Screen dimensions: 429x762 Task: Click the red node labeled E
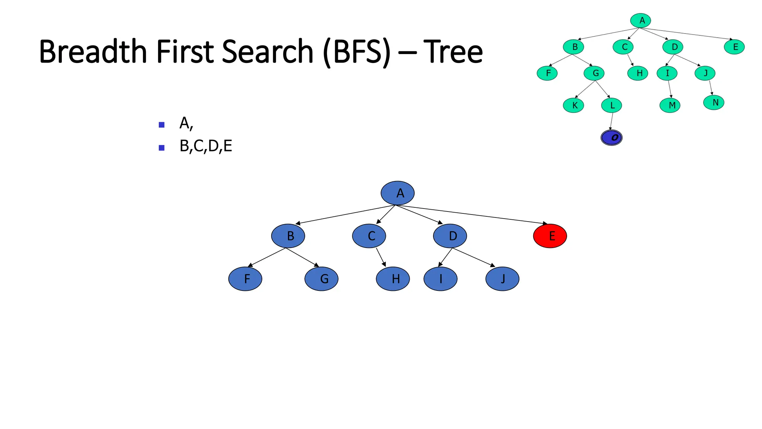coord(550,236)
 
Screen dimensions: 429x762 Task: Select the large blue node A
coord(397,193)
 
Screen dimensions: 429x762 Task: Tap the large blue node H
coord(393,279)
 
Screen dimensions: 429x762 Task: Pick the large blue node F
coord(245,279)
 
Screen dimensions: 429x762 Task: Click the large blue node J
coord(502,279)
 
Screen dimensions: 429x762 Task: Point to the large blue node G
coord(321,279)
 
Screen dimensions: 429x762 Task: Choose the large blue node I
coord(441,279)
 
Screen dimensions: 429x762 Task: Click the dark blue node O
coord(611,138)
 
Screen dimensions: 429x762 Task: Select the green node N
coord(714,102)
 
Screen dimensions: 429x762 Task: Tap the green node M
coord(670,105)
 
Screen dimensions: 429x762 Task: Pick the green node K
coord(573,105)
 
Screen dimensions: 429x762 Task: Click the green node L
coord(611,105)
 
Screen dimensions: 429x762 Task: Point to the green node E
coord(734,47)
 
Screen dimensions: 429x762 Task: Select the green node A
coord(640,20)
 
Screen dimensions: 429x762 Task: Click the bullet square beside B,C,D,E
coord(161,148)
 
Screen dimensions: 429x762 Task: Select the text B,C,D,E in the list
coord(206,146)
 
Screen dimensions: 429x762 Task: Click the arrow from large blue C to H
coord(381,257)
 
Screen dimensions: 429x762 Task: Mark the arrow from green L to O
coord(611,121)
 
